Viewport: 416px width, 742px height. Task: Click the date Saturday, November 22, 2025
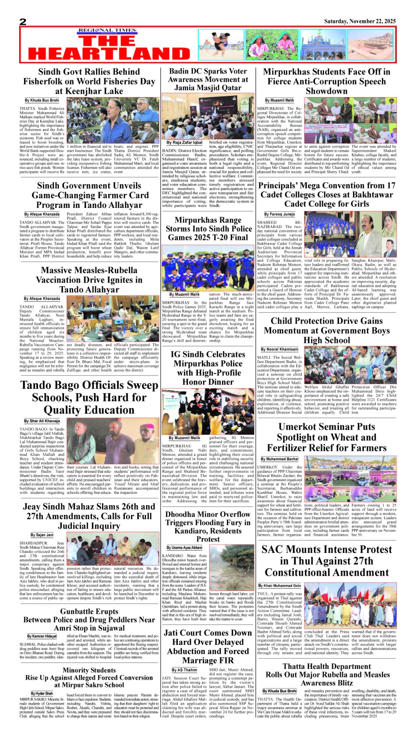click(x=360, y=21)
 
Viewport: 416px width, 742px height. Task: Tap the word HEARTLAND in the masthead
click(x=109, y=53)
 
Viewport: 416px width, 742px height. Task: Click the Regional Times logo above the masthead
click(x=107, y=30)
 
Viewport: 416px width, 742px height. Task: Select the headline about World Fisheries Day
click(x=89, y=81)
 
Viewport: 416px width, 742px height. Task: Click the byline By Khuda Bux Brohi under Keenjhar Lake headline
click(x=42, y=100)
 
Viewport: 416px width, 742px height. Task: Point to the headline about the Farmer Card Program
click(x=89, y=195)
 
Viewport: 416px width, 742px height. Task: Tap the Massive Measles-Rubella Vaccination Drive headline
click(x=89, y=280)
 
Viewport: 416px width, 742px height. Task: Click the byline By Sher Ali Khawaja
click(x=42, y=421)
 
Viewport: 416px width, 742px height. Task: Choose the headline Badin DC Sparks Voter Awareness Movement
click(x=208, y=79)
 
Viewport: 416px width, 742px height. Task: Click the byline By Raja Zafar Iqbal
click(x=184, y=143)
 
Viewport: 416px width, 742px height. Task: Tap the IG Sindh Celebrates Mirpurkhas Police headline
click(x=208, y=368)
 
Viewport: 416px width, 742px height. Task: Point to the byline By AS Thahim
click(x=184, y=670)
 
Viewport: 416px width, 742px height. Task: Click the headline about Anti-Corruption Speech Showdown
click(x=327, y=81)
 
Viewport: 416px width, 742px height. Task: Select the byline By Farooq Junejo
click(x=279, y=215)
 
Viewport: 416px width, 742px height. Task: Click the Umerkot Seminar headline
click(x=327, y=437)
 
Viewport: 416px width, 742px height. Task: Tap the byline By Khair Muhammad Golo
click(x=280, y=585)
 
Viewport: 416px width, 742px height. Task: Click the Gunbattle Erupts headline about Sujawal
click(x=89, y=619)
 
